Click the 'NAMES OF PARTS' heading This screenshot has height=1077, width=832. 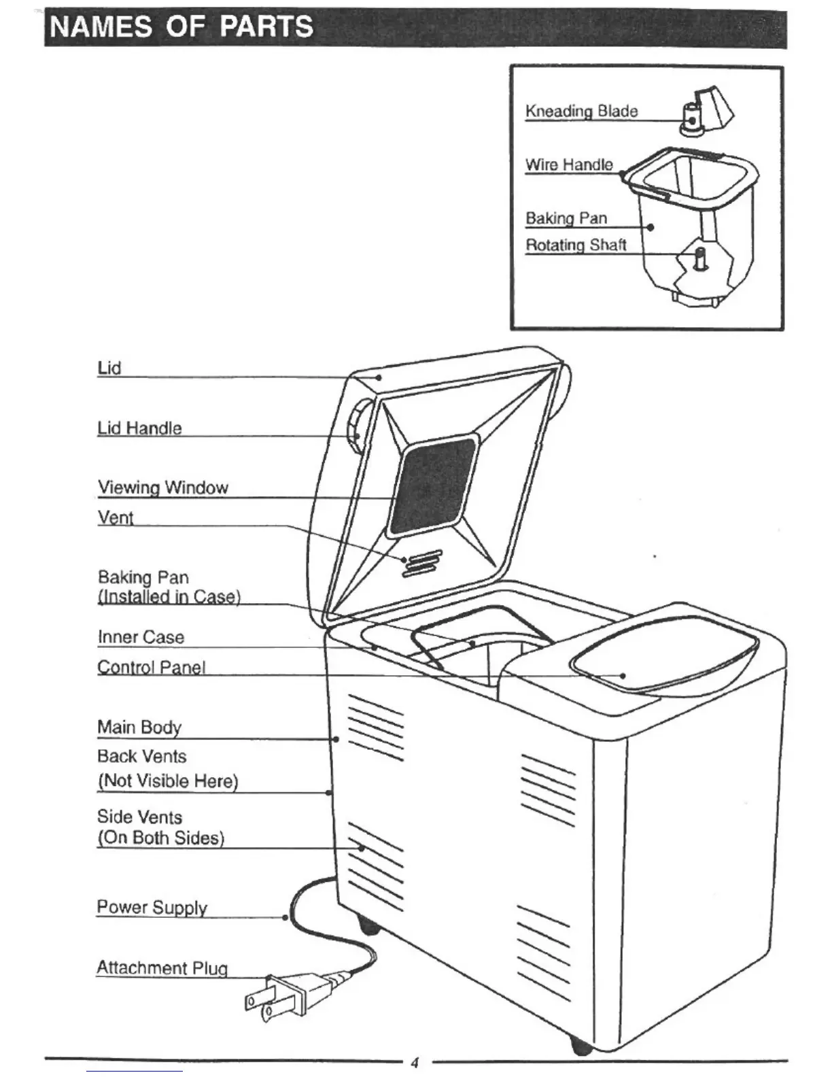point(182,27)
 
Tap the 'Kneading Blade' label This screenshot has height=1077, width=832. point(581,111)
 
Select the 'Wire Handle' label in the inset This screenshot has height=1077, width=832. point(569,165)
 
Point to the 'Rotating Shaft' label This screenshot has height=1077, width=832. point(576,245)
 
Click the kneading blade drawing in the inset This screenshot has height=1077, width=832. point(708,111)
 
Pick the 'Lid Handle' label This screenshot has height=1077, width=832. point(139,428)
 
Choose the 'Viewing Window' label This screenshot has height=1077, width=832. point(163,488)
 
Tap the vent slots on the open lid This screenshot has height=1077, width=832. point(421,563)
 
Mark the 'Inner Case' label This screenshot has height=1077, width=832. point(141,637)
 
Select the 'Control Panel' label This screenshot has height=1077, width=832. point(151,667)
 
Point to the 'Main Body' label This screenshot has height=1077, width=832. point(139,727)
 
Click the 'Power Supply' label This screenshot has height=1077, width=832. point(152,907)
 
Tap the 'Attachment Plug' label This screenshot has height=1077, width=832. point(162,968)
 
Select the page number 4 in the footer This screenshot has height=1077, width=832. point(415,1063)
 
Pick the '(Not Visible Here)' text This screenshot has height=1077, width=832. point(168,781)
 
